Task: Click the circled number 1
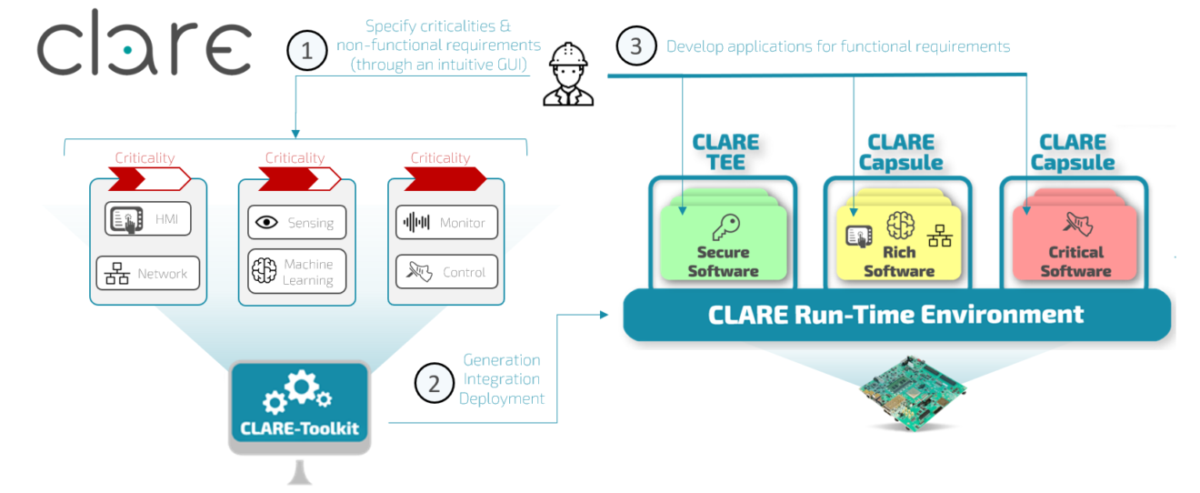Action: point(307,51)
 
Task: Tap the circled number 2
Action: point(434,383)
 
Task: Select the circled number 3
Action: point(636,46)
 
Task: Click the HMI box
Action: point(148,218)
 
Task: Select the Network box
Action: point(148,273)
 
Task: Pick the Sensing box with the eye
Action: point(296,222)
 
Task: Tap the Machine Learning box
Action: point(296,272)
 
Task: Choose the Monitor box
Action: point(446,222)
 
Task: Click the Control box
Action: point(446,272)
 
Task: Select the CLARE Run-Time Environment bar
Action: point(895,315)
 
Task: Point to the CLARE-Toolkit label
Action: point(299,427)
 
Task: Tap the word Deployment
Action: point(501,398)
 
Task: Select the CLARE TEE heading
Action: point(725,152)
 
